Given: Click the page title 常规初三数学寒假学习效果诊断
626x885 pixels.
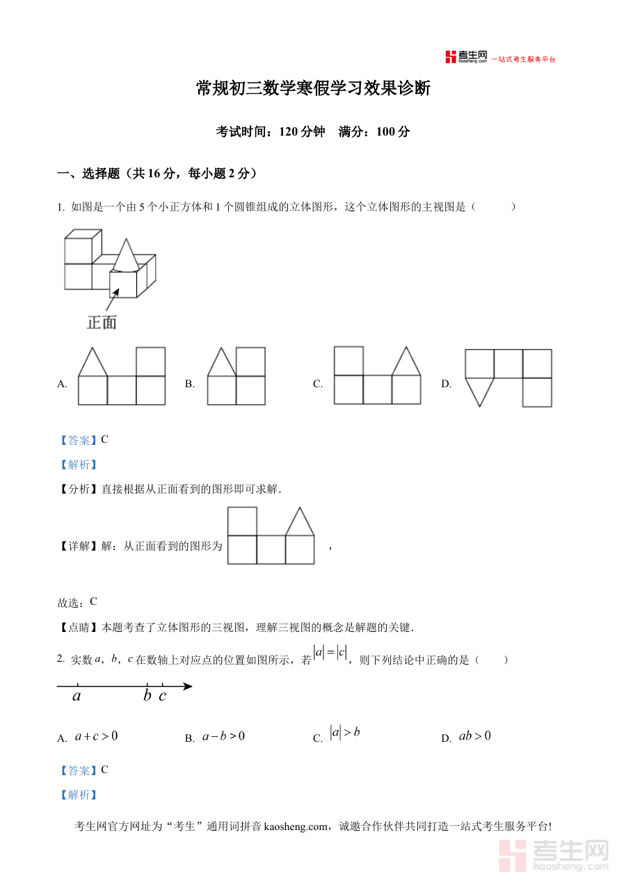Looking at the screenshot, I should click(313, 89).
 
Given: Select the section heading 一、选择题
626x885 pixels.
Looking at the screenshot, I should click(94, 174).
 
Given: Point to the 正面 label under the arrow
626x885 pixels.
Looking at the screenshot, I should click(102, 322).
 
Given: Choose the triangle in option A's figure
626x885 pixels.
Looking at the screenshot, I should click(92, 362).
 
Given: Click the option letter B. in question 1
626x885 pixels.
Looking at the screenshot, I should click(189, 384).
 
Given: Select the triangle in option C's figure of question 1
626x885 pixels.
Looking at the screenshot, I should click(406, 362).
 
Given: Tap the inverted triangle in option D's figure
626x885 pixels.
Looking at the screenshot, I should click(479, 391).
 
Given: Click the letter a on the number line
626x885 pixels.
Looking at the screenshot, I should click(77, 696).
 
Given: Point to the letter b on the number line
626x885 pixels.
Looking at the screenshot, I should click(147, 696).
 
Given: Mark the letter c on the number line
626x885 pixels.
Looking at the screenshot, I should click(162, 696).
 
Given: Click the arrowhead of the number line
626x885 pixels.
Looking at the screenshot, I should click(187, 687).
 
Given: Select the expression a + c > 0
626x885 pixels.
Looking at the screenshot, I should click(96, 736).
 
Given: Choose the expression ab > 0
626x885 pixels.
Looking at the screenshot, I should click(475, 736).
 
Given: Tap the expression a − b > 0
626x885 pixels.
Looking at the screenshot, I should click(223, 736).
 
